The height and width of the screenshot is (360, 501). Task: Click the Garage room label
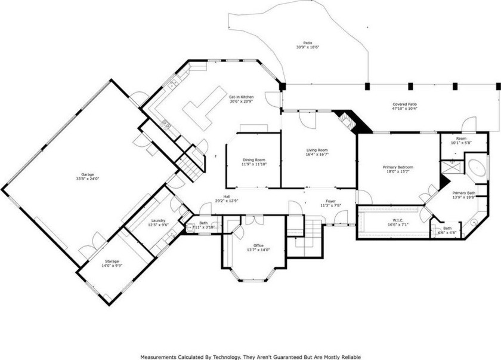click(87, 174)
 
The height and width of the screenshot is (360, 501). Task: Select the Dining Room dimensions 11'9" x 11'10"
click(254, 164)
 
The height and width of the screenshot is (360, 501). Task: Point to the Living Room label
click(317, 150)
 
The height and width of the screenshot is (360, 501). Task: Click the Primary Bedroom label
click(398, 167)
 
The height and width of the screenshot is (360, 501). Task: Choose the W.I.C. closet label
click(398, 220)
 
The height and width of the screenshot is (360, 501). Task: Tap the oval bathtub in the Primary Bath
click(477, 167)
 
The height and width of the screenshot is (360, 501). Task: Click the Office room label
click(258, 245)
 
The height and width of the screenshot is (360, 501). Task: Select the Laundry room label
click(158, 221)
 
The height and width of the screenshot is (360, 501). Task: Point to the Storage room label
click(112, 261)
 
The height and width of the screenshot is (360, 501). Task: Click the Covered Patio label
click(404, 104)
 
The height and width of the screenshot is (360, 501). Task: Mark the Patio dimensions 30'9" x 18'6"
click(308, 47)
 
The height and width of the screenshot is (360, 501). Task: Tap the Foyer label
click(330, 201)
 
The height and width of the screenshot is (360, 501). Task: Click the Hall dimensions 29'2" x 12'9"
click(227, 201)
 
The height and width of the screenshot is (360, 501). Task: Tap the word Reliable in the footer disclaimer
click(351, 357)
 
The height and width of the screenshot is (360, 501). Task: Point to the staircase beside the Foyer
click(305, 236)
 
